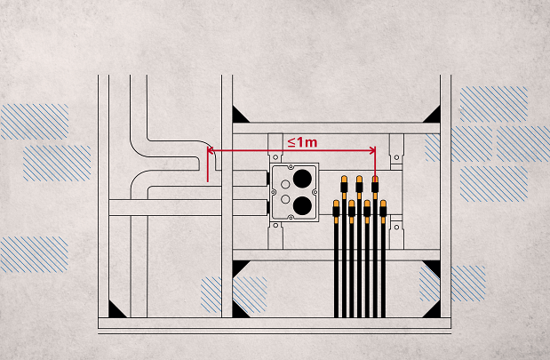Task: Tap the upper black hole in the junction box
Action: pyautogui.click(x=305, y=178)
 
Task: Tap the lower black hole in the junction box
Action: pyautogui.click(x=305, y=205)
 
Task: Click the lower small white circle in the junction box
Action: pyautogui.click(x=284, y=197)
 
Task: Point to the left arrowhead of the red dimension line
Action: pyautogui.click(x=211, y=151)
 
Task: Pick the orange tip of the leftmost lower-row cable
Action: pyautogui.click(x=336, y=205)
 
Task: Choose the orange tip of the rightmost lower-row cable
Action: pyautogui.click(x=383, y=205)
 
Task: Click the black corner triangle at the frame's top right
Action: pyautogui.click(x=432, y=115)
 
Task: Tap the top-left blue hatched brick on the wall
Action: pyautogui.click(x=35, y=121)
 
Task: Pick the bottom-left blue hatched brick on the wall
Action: pyautogui.click(x=34, y=253)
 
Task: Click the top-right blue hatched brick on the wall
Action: pyautogui.click(x=493, y=104)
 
